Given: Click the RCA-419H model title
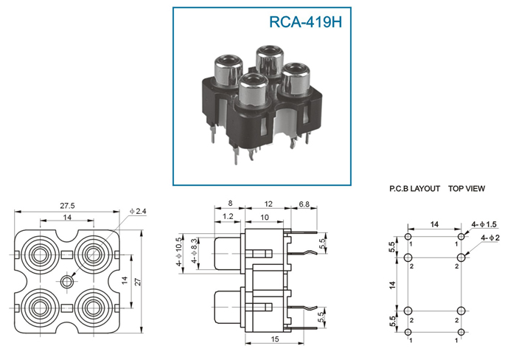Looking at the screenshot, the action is click(x=306, y=21).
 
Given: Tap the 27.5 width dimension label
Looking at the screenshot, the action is click(x=67, y=206).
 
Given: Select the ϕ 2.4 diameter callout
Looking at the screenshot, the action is click(x=138, y=212).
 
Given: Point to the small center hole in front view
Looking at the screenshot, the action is click(x=67, y=281).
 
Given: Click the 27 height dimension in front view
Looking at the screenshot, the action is click(x=138, y=282).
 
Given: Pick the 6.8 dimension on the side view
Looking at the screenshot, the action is click(x=304, y=204).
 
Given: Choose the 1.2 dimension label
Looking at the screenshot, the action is click(x=228, y=216).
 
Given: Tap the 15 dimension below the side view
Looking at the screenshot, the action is click(x=274, y=339).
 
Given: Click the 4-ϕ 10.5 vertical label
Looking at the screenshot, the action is click(x=178, y=252).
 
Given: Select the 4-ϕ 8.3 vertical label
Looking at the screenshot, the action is click(x=195, y=251).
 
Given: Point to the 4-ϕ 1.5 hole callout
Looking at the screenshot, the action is click(x=484, y=224).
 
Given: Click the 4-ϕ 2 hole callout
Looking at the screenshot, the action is click(x=490, y=238).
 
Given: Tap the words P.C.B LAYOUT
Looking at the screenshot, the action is click(x=414, y=189).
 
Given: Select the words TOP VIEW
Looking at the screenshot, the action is click(x=467, y=189).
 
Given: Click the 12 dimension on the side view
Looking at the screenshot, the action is click(x=268, y=204).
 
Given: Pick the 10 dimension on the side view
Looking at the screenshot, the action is click(x=265, y=218).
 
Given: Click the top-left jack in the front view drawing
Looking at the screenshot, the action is click(x=40, y=255).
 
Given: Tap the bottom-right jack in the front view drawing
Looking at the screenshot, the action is click(x=94, y=308).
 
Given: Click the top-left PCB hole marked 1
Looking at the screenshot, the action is click(x=408, y=237).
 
